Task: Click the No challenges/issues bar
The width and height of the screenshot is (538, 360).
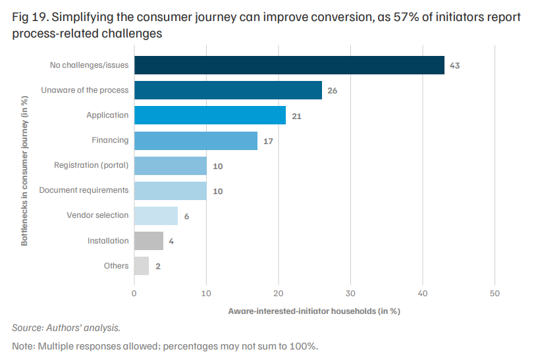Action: point(289,65)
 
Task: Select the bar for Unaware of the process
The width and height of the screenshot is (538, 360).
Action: point(228,90)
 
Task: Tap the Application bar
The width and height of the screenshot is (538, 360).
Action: point(210,115)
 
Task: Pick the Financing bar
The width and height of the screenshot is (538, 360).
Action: point(196,141)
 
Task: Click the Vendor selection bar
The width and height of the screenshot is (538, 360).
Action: point(156,216)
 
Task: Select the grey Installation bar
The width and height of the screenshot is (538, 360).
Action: point(149,241)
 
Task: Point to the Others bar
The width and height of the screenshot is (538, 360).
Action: point(142,266)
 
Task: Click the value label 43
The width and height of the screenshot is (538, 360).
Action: point(454,66)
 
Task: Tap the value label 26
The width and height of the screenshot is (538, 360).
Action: point(332,91)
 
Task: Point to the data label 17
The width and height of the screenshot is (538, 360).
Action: point(268,141)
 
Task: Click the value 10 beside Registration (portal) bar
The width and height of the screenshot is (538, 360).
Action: point(218,167)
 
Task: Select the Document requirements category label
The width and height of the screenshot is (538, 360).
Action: point(84,190)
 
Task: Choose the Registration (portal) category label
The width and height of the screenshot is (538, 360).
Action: point(92,165)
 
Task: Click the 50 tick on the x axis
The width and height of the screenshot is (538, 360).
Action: point(495,294)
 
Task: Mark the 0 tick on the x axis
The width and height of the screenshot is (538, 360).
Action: point(134,294)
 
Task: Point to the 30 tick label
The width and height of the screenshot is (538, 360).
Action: point(350,294)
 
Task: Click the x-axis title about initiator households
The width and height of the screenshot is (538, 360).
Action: point(314,311)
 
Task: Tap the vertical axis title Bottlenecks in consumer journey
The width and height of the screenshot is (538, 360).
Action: point(24,170)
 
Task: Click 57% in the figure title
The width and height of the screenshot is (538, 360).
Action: point(406,17)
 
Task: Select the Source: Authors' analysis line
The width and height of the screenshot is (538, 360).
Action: point(67,328)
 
